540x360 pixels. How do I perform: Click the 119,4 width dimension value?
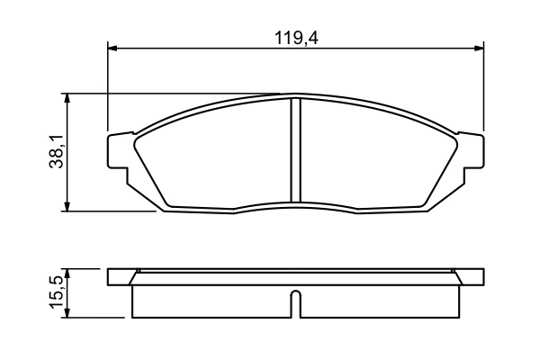point(298,38)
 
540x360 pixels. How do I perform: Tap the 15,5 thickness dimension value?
point(56,293)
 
